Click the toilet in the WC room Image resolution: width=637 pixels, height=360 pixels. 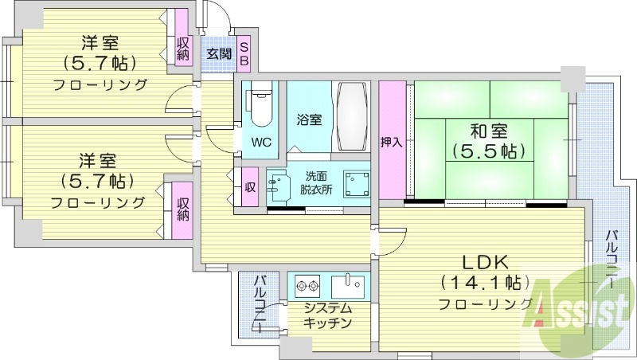tap(260, 107)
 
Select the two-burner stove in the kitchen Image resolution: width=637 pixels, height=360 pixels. tap(307, 284)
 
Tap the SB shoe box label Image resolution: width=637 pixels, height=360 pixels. tap(244, 54)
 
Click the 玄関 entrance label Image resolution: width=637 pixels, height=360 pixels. tap(219, 54)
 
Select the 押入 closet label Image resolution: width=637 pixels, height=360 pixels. tap(390, 143)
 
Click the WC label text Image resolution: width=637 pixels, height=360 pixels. tap(260, 143)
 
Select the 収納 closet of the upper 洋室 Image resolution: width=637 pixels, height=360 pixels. tap(182, 48)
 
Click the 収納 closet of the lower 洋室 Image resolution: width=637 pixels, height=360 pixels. tap(182, 206)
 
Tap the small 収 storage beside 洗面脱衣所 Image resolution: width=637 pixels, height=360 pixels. tap(249, 188)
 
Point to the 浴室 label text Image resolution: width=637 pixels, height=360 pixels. tap(310, 120)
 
